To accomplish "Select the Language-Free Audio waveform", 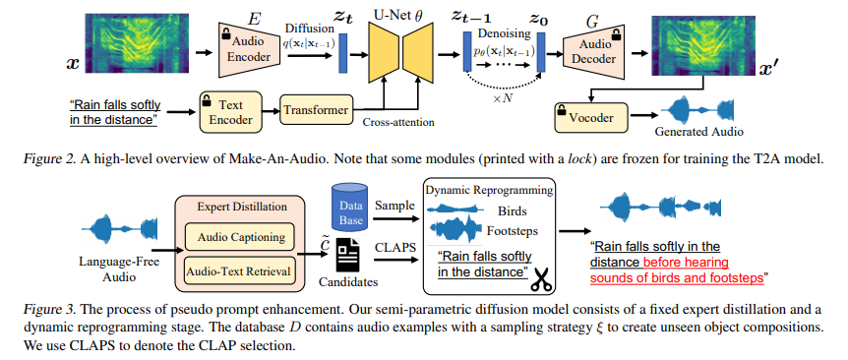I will coord(123,226).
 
